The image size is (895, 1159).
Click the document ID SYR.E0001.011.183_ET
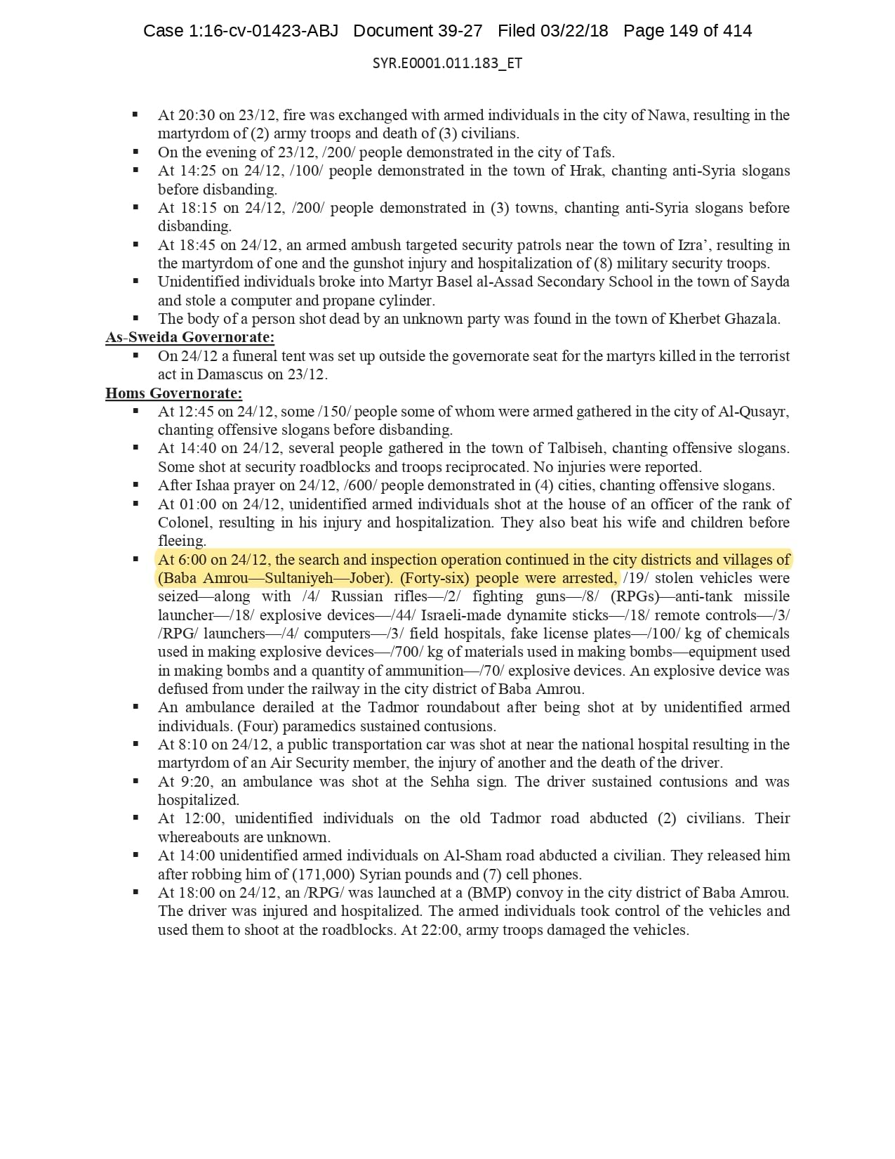pos(447,63)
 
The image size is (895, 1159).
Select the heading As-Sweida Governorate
pos(190,337)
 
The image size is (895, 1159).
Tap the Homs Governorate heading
pos(173,393)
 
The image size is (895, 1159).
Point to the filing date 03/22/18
pos(574,31)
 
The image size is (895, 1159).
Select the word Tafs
pos(598,152)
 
